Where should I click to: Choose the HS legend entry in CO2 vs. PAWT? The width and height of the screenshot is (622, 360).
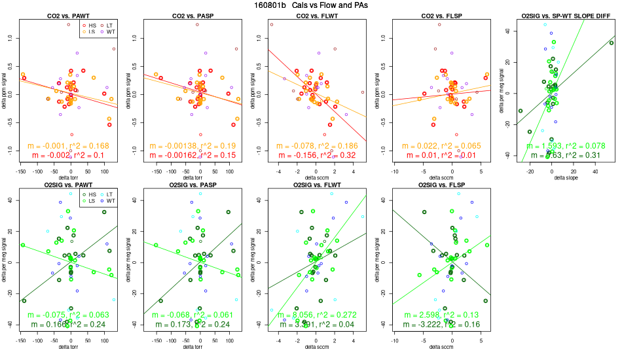click(90, 24)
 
